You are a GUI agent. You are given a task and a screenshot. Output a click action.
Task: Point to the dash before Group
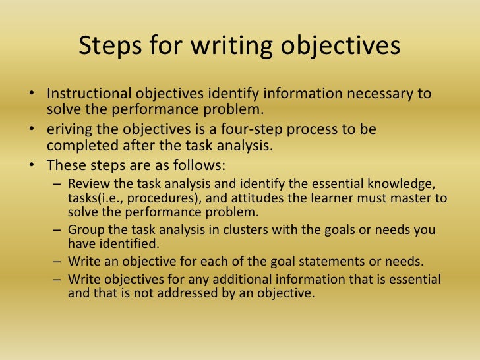point(59,229)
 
